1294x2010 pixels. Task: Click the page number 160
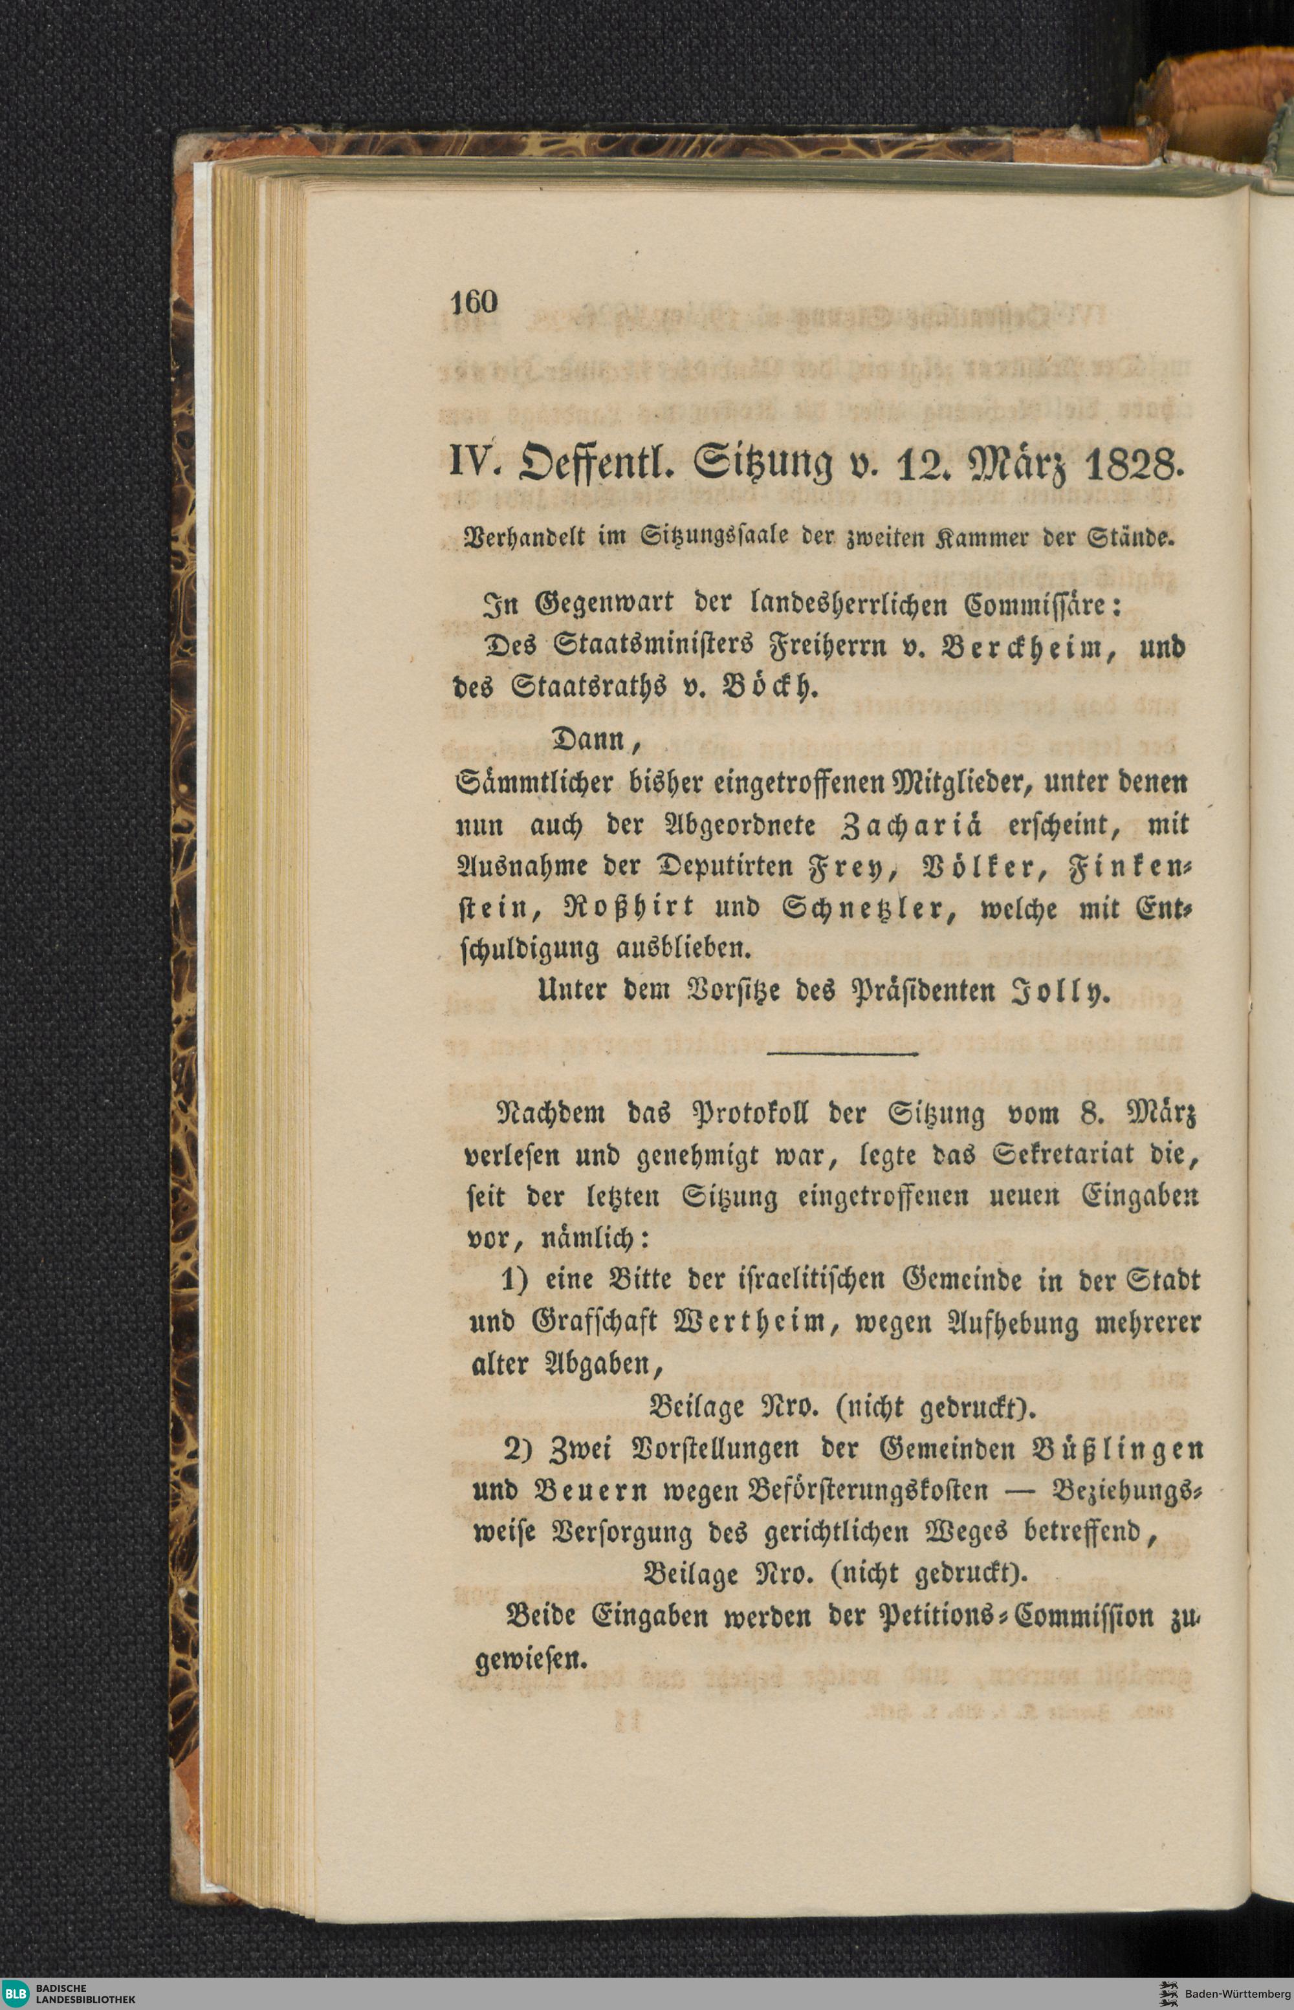475,301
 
